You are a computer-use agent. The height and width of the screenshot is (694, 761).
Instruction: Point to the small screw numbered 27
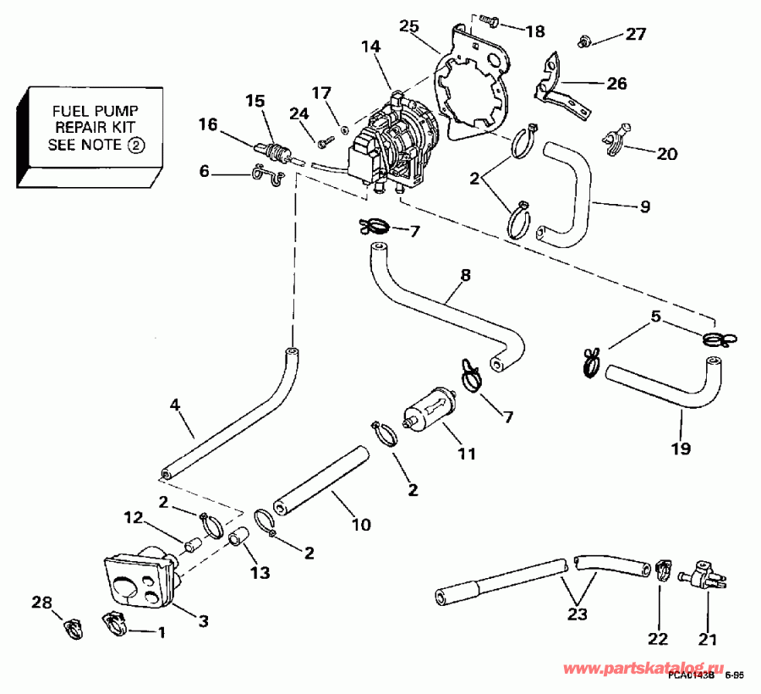tap(583, 39)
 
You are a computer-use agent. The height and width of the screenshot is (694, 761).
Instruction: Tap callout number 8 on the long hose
tap(465, 275)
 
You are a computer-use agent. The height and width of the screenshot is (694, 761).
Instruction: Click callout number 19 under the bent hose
tap(681, 448)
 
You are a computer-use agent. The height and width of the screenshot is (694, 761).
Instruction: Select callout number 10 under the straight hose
tap(360, 525)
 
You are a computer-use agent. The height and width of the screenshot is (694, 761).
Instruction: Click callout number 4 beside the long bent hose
tap(176, 405)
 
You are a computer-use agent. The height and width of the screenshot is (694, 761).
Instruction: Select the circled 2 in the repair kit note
tap(136, 145)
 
